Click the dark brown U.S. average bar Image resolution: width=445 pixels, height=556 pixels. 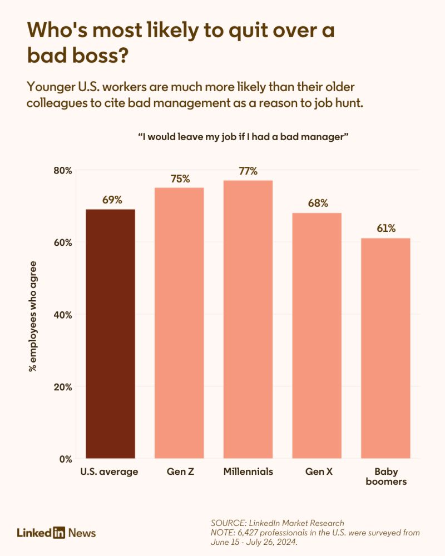pos(110,334)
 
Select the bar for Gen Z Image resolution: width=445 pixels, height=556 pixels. pos(179,322)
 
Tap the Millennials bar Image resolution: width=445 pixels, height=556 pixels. pos(248,319)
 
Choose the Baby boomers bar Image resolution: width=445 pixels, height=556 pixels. pos(385,348)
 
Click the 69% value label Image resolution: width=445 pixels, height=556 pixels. pos(112,200)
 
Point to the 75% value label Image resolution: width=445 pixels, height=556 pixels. pos(180,178)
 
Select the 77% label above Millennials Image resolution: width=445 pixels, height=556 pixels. pos(248,171)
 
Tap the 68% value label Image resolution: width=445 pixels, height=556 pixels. pos(318,203)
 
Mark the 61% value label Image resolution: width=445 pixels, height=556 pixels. pos(385,228)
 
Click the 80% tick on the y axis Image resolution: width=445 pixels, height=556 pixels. pos(62,170)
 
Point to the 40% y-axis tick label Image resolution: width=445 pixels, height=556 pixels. pos(62,315)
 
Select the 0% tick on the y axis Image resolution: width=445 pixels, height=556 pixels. pos(65,459)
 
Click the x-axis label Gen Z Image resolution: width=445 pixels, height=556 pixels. pos(179,471)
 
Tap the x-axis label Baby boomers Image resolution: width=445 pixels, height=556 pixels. pos(385,476)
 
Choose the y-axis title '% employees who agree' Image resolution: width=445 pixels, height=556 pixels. pos(33,315)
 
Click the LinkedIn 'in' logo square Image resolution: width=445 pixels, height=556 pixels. pos(60,533)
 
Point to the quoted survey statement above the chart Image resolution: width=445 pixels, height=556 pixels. pos(243,137)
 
